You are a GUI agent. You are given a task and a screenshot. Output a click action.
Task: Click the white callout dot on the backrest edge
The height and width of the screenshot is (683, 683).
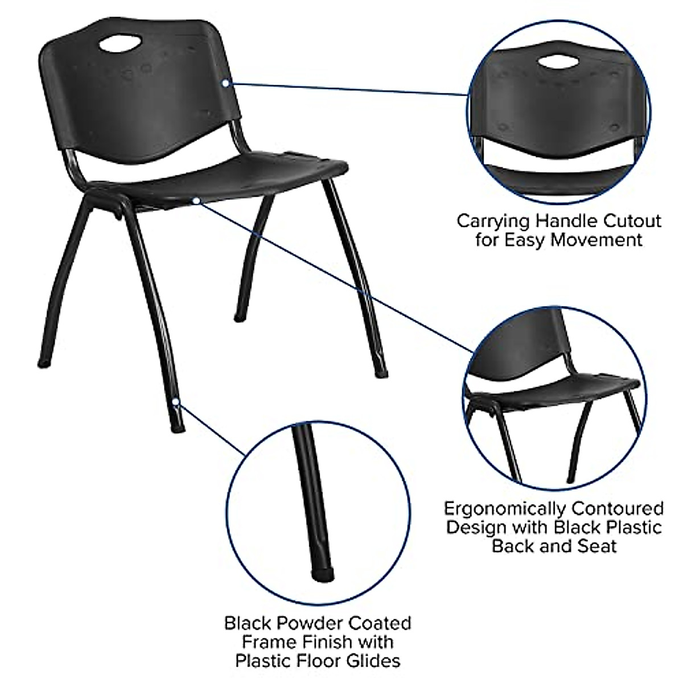226,83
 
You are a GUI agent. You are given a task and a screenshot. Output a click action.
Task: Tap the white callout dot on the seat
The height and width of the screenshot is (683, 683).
195,200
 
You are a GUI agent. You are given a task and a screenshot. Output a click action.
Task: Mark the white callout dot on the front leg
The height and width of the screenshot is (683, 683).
176,401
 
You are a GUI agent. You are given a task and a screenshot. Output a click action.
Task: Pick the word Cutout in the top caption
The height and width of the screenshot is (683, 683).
631,221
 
